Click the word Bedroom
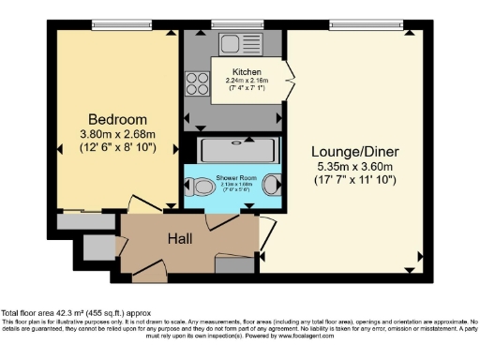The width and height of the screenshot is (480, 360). pos(118,119)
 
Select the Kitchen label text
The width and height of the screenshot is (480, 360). pos(247,71)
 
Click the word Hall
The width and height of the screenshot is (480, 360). pos(180,239)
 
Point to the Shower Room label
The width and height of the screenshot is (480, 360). pos(231,177)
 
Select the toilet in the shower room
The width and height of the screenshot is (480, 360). pos(200,186)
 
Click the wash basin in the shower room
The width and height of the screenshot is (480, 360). pos(273,184)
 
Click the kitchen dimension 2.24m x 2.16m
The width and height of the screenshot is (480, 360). pos(247,81)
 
